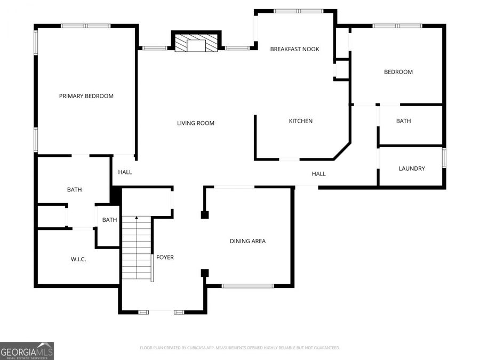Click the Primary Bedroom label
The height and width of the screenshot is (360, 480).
(86, 96)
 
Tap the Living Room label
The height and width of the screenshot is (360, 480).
(196, 123)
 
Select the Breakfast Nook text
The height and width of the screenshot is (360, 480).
(294, 49)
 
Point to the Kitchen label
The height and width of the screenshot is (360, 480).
(301, 121)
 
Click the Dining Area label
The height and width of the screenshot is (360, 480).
(247, 241)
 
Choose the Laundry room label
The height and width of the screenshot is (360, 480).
(412, 169)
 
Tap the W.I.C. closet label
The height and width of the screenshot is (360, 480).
(78, 259)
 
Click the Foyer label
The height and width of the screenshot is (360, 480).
(165, 257)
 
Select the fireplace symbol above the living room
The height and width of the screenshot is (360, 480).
(196, 43)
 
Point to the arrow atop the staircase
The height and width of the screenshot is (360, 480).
(137, 218)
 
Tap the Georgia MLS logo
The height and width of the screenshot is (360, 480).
(27, 351)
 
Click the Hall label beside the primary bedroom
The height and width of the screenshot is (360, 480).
(125, 172)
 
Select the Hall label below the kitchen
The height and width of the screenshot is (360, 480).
(318, 174)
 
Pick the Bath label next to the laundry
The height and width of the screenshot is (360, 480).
(403, 121)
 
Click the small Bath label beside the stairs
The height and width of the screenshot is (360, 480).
(109, 220)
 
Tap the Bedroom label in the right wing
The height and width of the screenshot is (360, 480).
(398, 72)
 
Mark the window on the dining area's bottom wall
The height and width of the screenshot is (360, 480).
(247, 286)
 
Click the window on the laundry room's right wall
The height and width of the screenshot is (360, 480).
(444, 158)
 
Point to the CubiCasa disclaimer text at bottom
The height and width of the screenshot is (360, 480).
(239, 348)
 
